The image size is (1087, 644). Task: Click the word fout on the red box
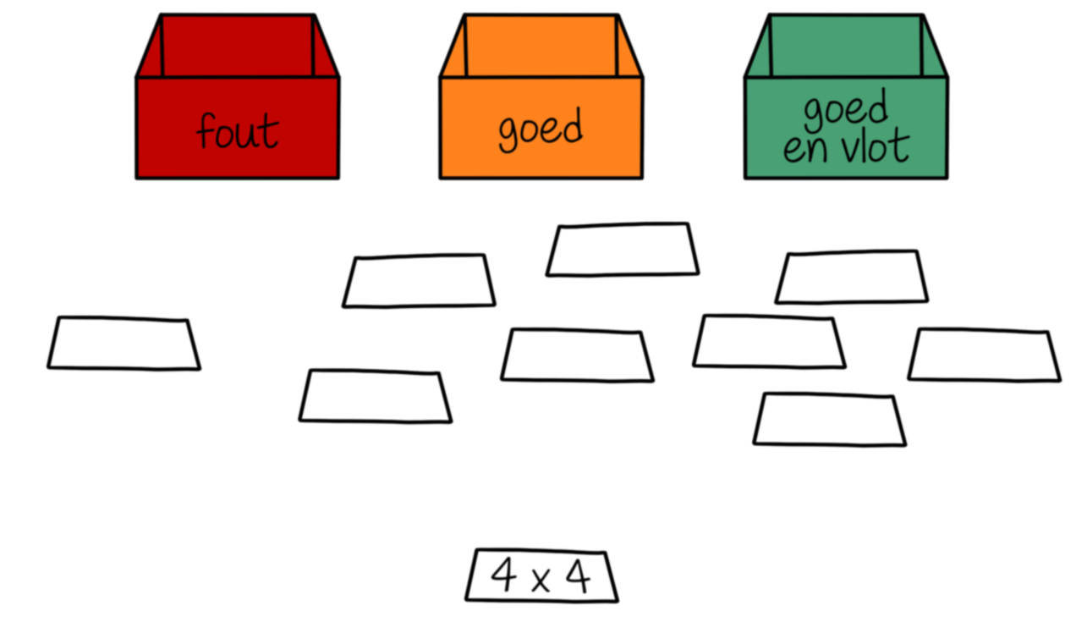click(x=238, y=132)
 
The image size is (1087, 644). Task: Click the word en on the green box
click(x=804, y=149)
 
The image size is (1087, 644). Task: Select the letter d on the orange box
click(x=572, y=127)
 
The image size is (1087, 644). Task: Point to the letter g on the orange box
click(x=508, y=135)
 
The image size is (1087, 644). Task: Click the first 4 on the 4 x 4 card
click(x=503, y=575)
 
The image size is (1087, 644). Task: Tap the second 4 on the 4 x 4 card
click(x=578, y=576)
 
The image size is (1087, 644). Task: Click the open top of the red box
click(x=238, y=47)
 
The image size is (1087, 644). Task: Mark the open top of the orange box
click(x=541, y=47)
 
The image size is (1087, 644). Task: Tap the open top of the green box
click(x=845, y=47)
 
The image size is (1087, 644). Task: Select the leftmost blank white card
click(x=124, y=344)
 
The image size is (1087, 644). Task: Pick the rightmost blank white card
click(x=983, y=355)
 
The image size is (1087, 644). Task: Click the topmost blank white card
click(x=623, y=250)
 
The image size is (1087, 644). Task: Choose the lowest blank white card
click(x=829, y=419)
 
